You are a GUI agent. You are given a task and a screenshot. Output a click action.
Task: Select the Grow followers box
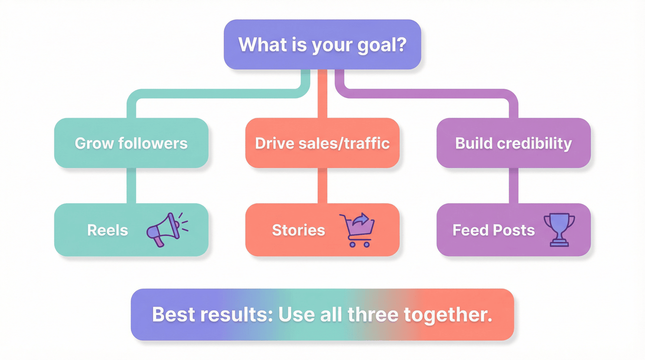(x=131, y=143)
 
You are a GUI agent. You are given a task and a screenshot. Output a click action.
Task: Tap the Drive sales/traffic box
(x=322, y=143)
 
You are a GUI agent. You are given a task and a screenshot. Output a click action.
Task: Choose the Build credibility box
(x=513, y=143)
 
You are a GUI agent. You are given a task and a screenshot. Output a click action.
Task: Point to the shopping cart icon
(x=358, y=229)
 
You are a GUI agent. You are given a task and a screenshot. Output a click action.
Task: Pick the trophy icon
(x=559, y=229)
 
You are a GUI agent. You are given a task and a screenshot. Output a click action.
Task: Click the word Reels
(x=107, y=230)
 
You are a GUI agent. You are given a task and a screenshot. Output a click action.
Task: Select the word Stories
(x=298, y=230)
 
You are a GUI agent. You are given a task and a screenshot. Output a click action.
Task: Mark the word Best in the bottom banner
(x=173, y=315)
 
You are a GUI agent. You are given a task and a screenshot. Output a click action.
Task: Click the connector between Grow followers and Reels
(x=131, y=185)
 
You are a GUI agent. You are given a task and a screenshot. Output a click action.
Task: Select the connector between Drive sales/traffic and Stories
(x=322, y=185)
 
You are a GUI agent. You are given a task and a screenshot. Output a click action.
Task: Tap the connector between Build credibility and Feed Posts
(x=513, y=185)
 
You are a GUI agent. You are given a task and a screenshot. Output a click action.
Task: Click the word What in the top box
(x=262, y=45)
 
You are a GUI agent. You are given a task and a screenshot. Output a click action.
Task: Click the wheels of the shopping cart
(x=360, y=244)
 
